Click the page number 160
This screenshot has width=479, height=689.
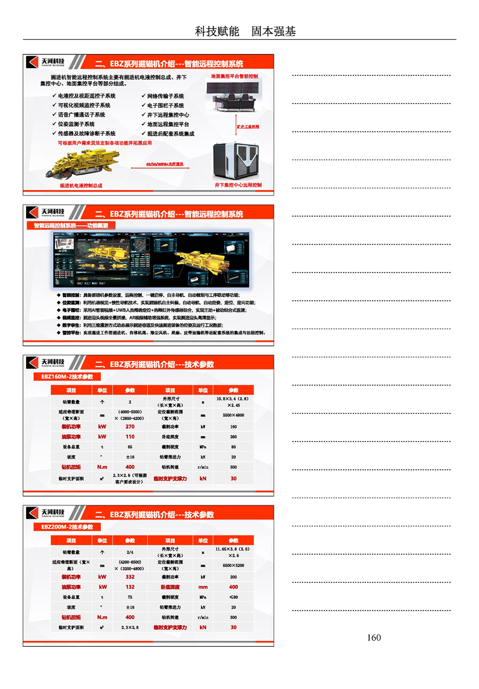tap(374, 638)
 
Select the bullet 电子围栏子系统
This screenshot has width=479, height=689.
tap(164, 105)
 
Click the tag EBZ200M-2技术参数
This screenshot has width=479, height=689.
tap(63, 527)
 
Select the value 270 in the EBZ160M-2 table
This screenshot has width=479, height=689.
tap(130, 426)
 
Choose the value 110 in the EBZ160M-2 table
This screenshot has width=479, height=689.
tap(130, 437)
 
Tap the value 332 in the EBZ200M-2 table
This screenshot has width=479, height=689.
tap(130, 577)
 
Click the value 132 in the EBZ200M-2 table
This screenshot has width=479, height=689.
tap(130, 587)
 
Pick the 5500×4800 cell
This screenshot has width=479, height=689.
tap(234, 415)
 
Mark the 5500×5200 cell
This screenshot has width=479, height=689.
tap(234, 565)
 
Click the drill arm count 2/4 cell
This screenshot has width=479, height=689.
tap(130, 552)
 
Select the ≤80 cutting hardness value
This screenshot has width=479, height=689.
tap(234, 597)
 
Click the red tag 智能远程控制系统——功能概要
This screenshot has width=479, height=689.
tap(71, 225)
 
